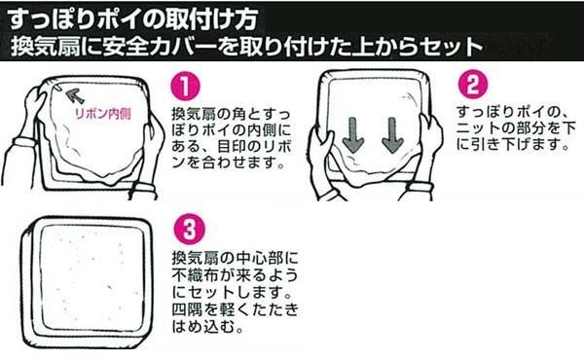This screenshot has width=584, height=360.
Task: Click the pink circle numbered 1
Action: (x=186, y=87)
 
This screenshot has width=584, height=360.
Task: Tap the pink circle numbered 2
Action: (x=473, y=84)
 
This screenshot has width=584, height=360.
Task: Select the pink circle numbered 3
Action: (x=190, y=230)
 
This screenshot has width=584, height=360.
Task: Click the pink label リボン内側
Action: (x=103, y=114)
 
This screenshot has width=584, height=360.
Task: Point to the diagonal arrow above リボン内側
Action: (x=75, y=95)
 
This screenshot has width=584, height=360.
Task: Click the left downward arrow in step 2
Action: (x=352, y=135)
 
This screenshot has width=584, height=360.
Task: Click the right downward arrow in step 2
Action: (x=392, y=135)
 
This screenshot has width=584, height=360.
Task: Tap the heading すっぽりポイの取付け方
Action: (x=132, y=18)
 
